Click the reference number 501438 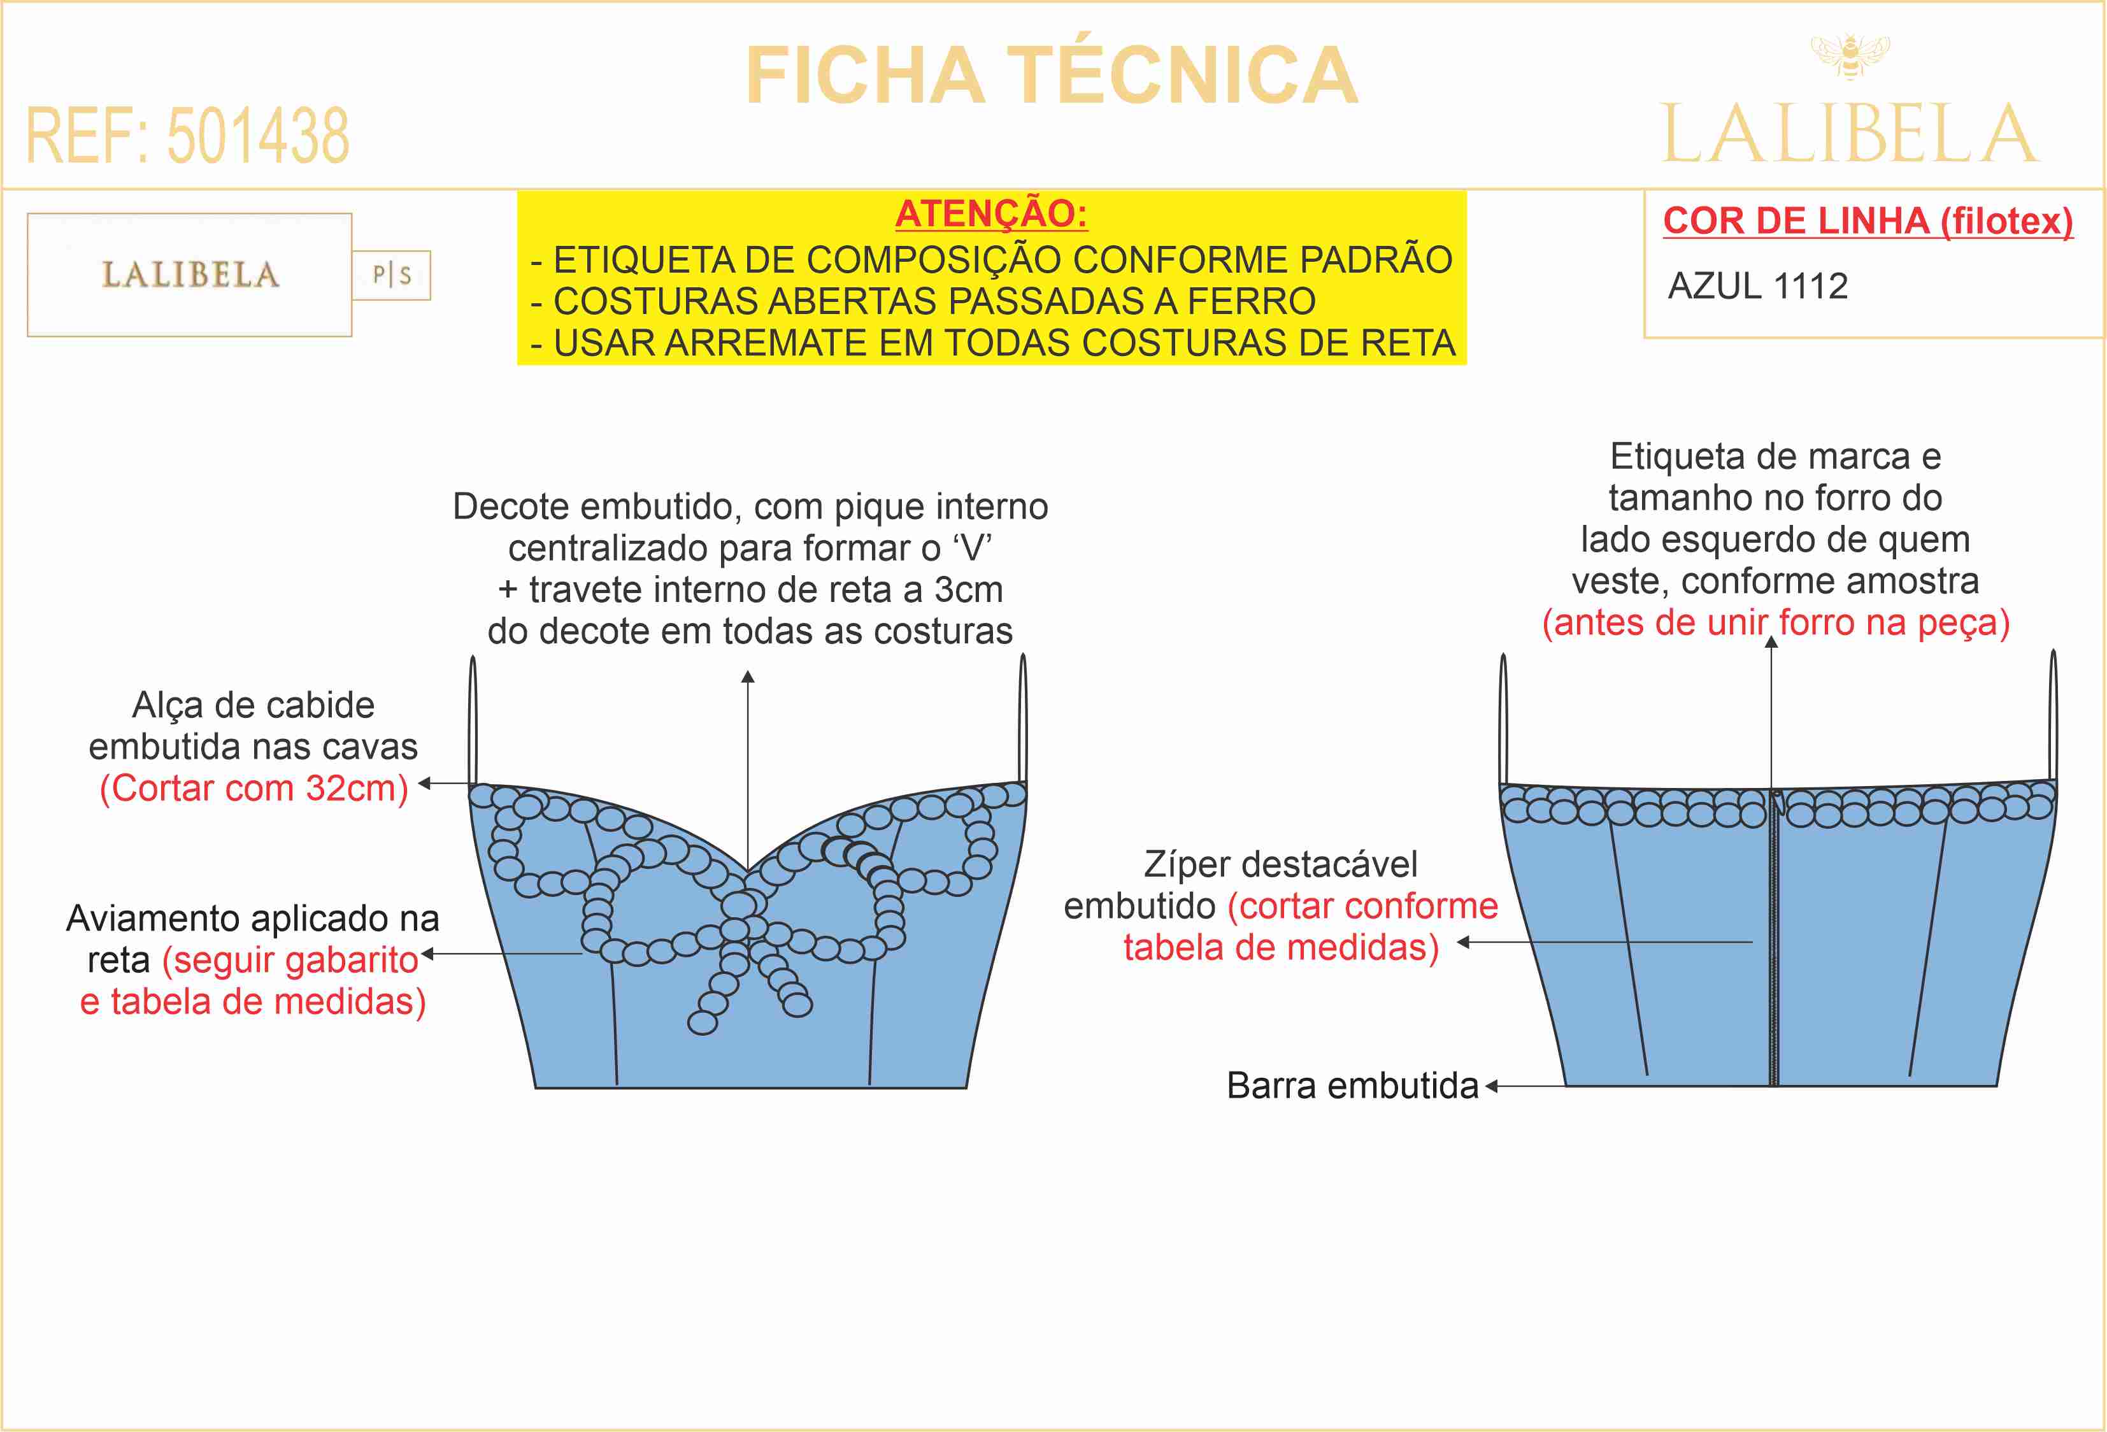259,136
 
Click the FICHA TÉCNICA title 1052,76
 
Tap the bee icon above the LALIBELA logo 1850,55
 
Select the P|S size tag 392,275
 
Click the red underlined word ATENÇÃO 991,214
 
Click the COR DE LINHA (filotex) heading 1868,221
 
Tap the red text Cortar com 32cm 254,788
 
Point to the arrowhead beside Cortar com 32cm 424,784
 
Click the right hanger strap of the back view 2053,717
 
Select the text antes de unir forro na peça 1775,623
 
